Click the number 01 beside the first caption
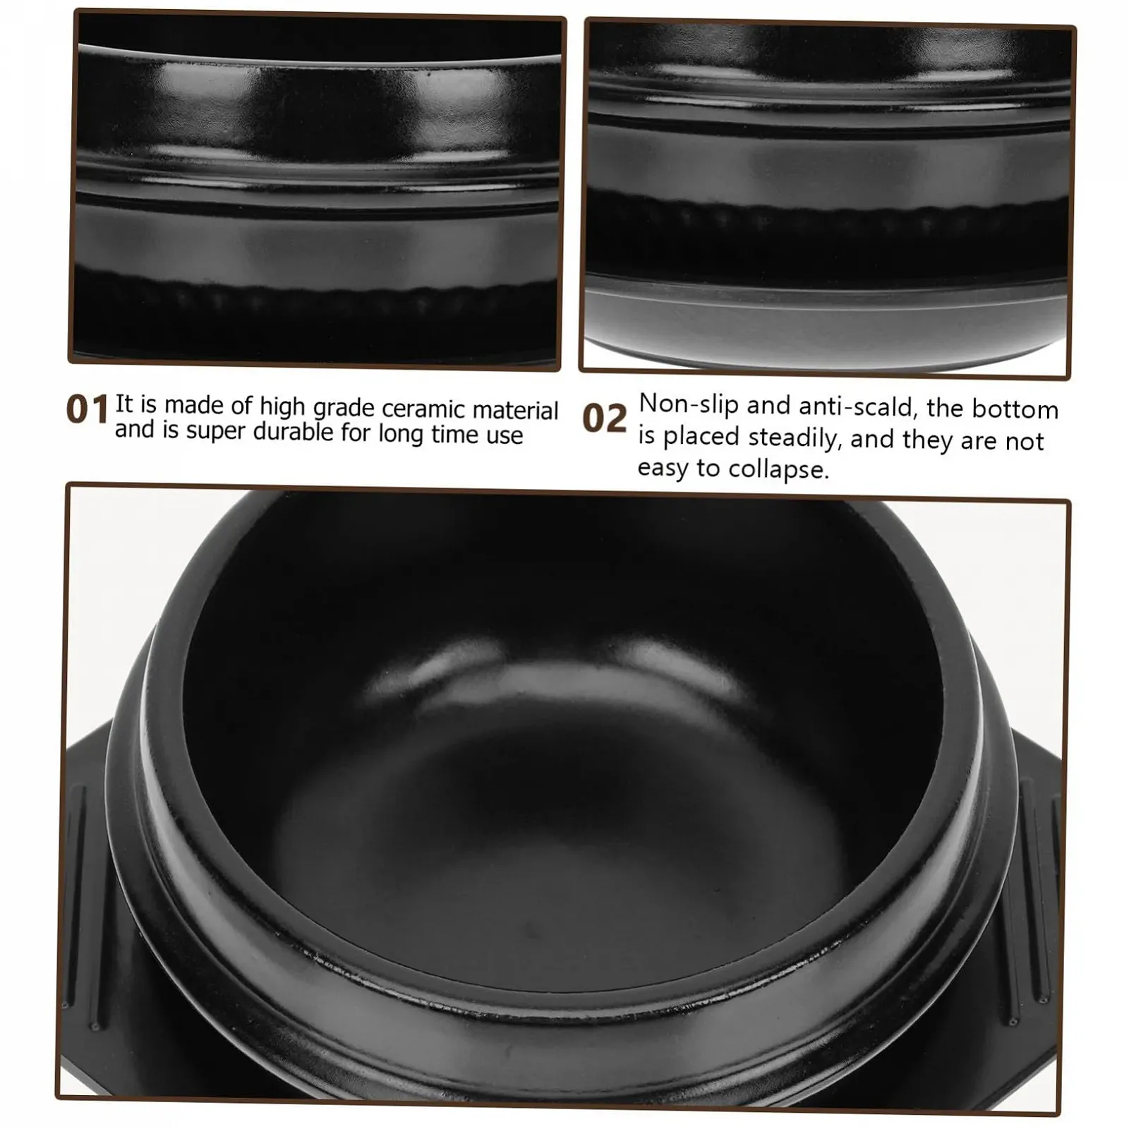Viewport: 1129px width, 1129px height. point(87,410)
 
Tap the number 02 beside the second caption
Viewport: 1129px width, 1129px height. point(605,418)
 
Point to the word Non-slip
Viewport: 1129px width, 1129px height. point(689,405)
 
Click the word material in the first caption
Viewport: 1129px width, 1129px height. point(516,411)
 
